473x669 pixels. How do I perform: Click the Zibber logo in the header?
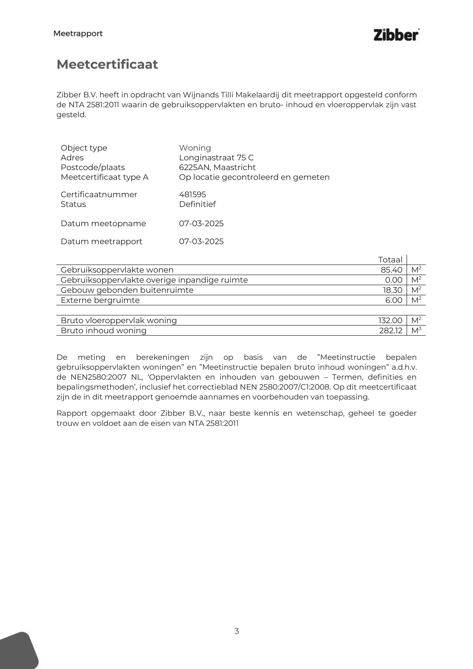396,35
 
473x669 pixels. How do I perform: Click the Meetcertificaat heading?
107,64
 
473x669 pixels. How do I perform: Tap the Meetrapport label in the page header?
78,34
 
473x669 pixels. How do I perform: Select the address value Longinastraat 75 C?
216,158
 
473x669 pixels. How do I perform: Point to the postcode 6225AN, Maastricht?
217,167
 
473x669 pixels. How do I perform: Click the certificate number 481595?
192,194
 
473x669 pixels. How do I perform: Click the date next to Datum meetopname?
201,223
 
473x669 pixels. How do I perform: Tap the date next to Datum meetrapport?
201,241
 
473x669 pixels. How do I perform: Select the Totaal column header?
390,260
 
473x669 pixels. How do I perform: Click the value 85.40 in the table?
391,270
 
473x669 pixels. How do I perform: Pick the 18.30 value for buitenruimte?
392,290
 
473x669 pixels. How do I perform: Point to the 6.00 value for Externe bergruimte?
394,300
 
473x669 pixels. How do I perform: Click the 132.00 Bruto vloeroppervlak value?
390,320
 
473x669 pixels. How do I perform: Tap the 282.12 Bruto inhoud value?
390,330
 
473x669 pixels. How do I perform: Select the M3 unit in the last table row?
416,330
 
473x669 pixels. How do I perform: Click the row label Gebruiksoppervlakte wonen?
117,270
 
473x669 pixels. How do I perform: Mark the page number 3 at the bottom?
237,631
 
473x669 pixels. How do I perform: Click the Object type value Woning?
195,148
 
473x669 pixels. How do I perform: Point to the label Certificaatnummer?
99,194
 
